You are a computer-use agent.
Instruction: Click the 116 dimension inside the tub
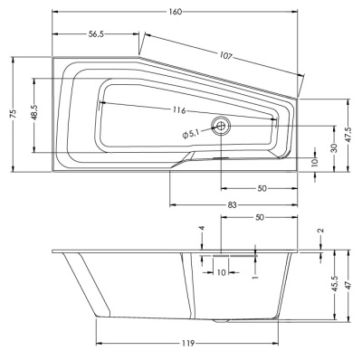[x=178, y=109]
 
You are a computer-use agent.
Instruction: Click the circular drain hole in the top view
[x=222, y=126]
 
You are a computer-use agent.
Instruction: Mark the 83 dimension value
[x=233, y=206]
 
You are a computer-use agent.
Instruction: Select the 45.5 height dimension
[x=334, y=285]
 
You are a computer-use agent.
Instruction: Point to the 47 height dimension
[x=350, y=285]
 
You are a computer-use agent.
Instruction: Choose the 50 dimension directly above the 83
[x=261, y=189]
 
